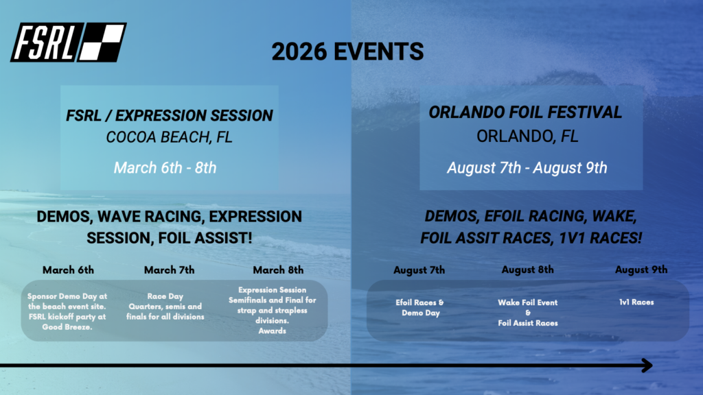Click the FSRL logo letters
pos(43,43)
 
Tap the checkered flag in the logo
pos(102,43)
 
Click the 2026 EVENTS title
pos(347,51)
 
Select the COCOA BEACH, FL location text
pos(170,137)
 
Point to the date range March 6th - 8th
pos(165,168)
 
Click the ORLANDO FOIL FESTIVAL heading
pos(525,112)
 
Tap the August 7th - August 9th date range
pos(527,168)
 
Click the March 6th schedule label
pos(68,270)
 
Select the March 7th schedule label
pos(169,270)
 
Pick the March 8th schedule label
pos(278,270)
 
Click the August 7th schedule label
pos(419,270)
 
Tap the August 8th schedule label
pos(528,270)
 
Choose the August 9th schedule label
pos(641,270)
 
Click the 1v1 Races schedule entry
pos(636,302)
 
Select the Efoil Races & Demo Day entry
pos(420,308)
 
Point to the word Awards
pos(272,331)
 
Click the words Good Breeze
pos(67,327)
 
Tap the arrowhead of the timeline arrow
pos(647,366)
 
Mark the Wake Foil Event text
pos(528,302)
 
